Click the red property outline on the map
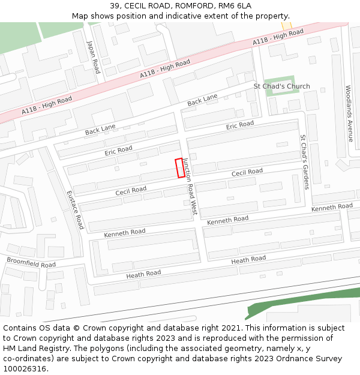[x=179, y=168]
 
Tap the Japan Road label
[x=93, y=57]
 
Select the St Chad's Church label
[x=281, y=86]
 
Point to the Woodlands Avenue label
[x=349, y=113]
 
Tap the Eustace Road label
[x=75, y=210]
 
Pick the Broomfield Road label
[x=31, y=262]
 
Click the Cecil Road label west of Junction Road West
[x=131, y=191]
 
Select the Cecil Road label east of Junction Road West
[x=247, y=173]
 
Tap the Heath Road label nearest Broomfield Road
[x=143, y=274]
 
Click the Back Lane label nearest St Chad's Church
[x=202, y=101]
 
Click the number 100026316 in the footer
[x=24, y=368]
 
